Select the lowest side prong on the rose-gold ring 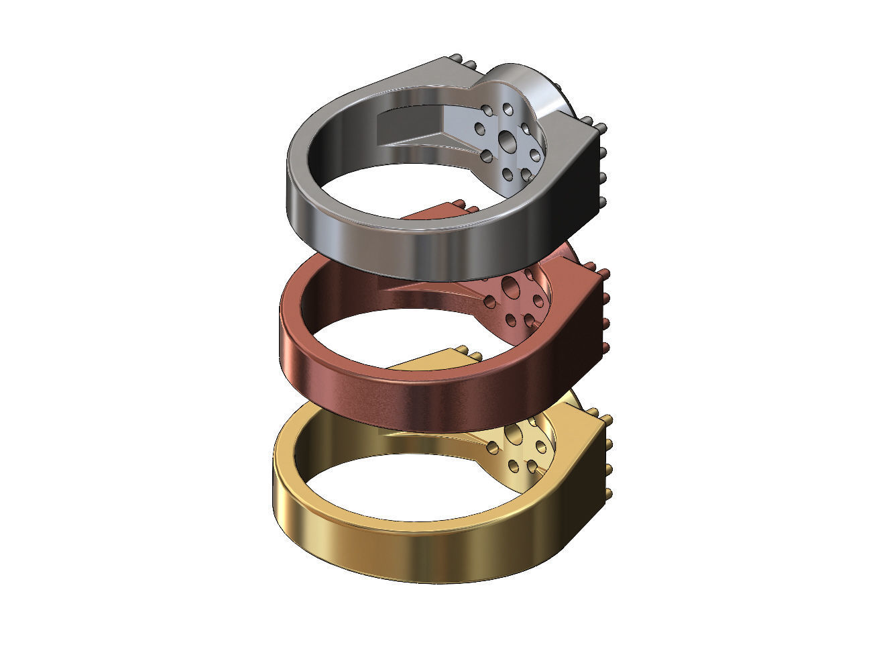pyautogui.click(x=607, y=347)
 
